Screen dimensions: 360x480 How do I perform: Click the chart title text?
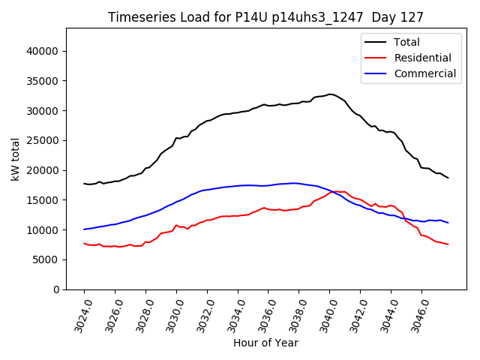click(x=265, y=17)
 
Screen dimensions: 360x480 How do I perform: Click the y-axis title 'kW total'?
click(x=16, y=158)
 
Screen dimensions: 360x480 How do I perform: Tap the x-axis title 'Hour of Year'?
click(x=265, y=343)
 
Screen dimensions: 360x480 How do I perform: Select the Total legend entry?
click(x=407, y=43)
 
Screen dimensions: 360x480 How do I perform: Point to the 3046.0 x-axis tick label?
click(x=417, y=315)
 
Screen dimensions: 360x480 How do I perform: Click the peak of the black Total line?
click(x=330, y=94)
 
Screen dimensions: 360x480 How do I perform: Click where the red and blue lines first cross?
click(x=331, y=192)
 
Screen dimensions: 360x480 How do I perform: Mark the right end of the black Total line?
click(x=448, y=178)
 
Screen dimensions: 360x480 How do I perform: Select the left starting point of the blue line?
click(x=84, y=229)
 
